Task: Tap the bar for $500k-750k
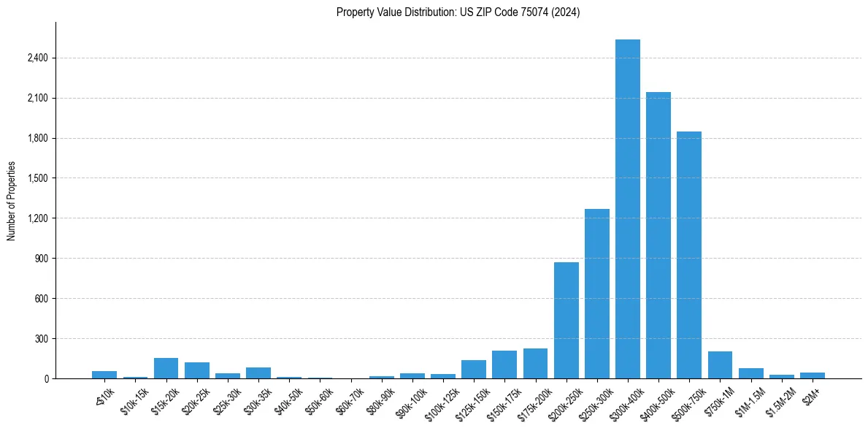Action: click(689, 255)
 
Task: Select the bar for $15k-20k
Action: click(166, 368)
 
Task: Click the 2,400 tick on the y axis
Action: click(38, 58)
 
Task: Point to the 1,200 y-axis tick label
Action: click(38, 218)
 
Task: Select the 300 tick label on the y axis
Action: click(41, 339)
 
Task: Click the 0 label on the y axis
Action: click(45, 379)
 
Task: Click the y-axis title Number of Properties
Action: click(12, 201)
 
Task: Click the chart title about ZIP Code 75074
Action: click(458, 12)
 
